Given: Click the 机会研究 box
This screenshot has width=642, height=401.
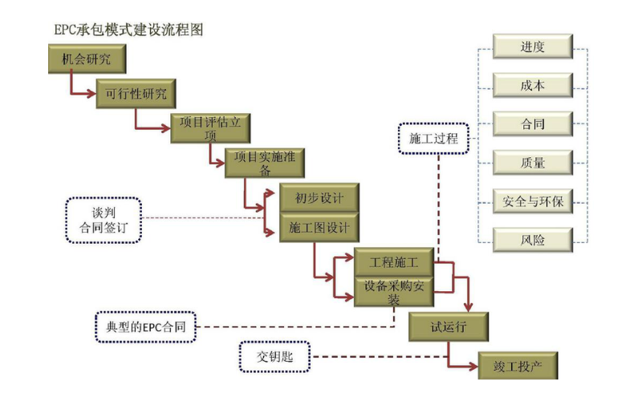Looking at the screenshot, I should click(x=86, y=57).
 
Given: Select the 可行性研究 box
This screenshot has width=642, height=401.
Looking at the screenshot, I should click(x=136, y=93).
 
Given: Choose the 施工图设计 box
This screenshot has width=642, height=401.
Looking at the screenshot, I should click(x=319, y=228).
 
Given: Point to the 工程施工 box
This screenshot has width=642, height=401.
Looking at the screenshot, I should click(x=393, y=263).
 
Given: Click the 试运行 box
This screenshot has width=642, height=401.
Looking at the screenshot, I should click(x=449, y=327).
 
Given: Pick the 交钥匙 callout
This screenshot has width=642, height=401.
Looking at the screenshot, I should click(x=275, y=356).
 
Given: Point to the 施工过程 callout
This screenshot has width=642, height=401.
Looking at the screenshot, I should click(x=433, y=139).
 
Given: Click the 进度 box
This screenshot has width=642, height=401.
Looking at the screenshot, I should click(x=532, y=47).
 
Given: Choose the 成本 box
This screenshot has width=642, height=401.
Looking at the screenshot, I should click(x=532, y=85).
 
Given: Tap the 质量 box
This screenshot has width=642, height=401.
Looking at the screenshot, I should click(x=532, y=163).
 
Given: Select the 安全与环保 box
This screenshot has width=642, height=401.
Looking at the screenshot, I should click(x=532, y=201).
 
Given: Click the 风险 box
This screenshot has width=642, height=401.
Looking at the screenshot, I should click(x=532, y=239).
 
